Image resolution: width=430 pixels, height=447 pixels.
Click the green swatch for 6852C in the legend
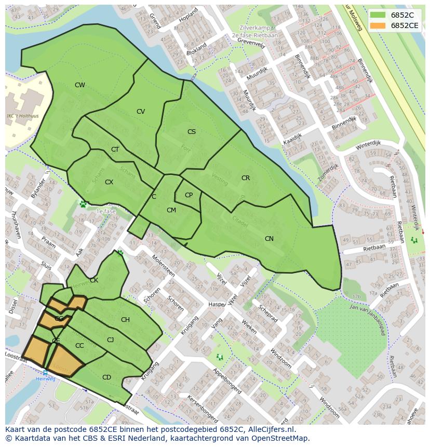[379, 15]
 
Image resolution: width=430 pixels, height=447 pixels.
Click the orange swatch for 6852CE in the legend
[379, 25]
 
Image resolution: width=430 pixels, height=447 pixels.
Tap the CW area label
[79, 85]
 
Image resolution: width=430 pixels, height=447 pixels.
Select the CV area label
[141, 112]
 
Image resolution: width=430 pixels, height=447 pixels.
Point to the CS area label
[192, 132]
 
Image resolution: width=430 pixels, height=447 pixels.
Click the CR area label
[246, 178]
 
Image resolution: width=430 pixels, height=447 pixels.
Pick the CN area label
[269, 239]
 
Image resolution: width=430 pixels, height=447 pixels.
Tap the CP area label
[189, 195]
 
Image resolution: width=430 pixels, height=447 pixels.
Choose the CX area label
[109, 182]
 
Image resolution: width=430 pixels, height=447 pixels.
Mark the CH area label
[125, 320]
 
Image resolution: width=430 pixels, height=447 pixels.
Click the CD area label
[106, 377]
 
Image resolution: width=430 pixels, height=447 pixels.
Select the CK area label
[94, 280]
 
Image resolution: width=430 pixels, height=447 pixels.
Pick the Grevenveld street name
[251, 43]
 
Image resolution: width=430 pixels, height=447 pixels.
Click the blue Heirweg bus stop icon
[45, 372]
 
